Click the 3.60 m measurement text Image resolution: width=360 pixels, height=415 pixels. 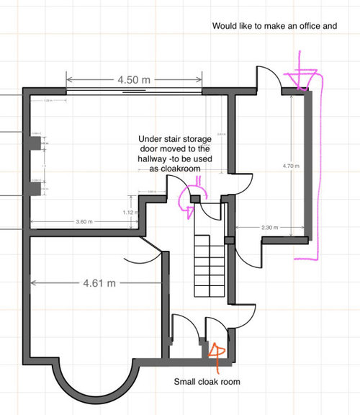(84, 222)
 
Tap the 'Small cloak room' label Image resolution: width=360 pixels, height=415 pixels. (207, 382)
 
